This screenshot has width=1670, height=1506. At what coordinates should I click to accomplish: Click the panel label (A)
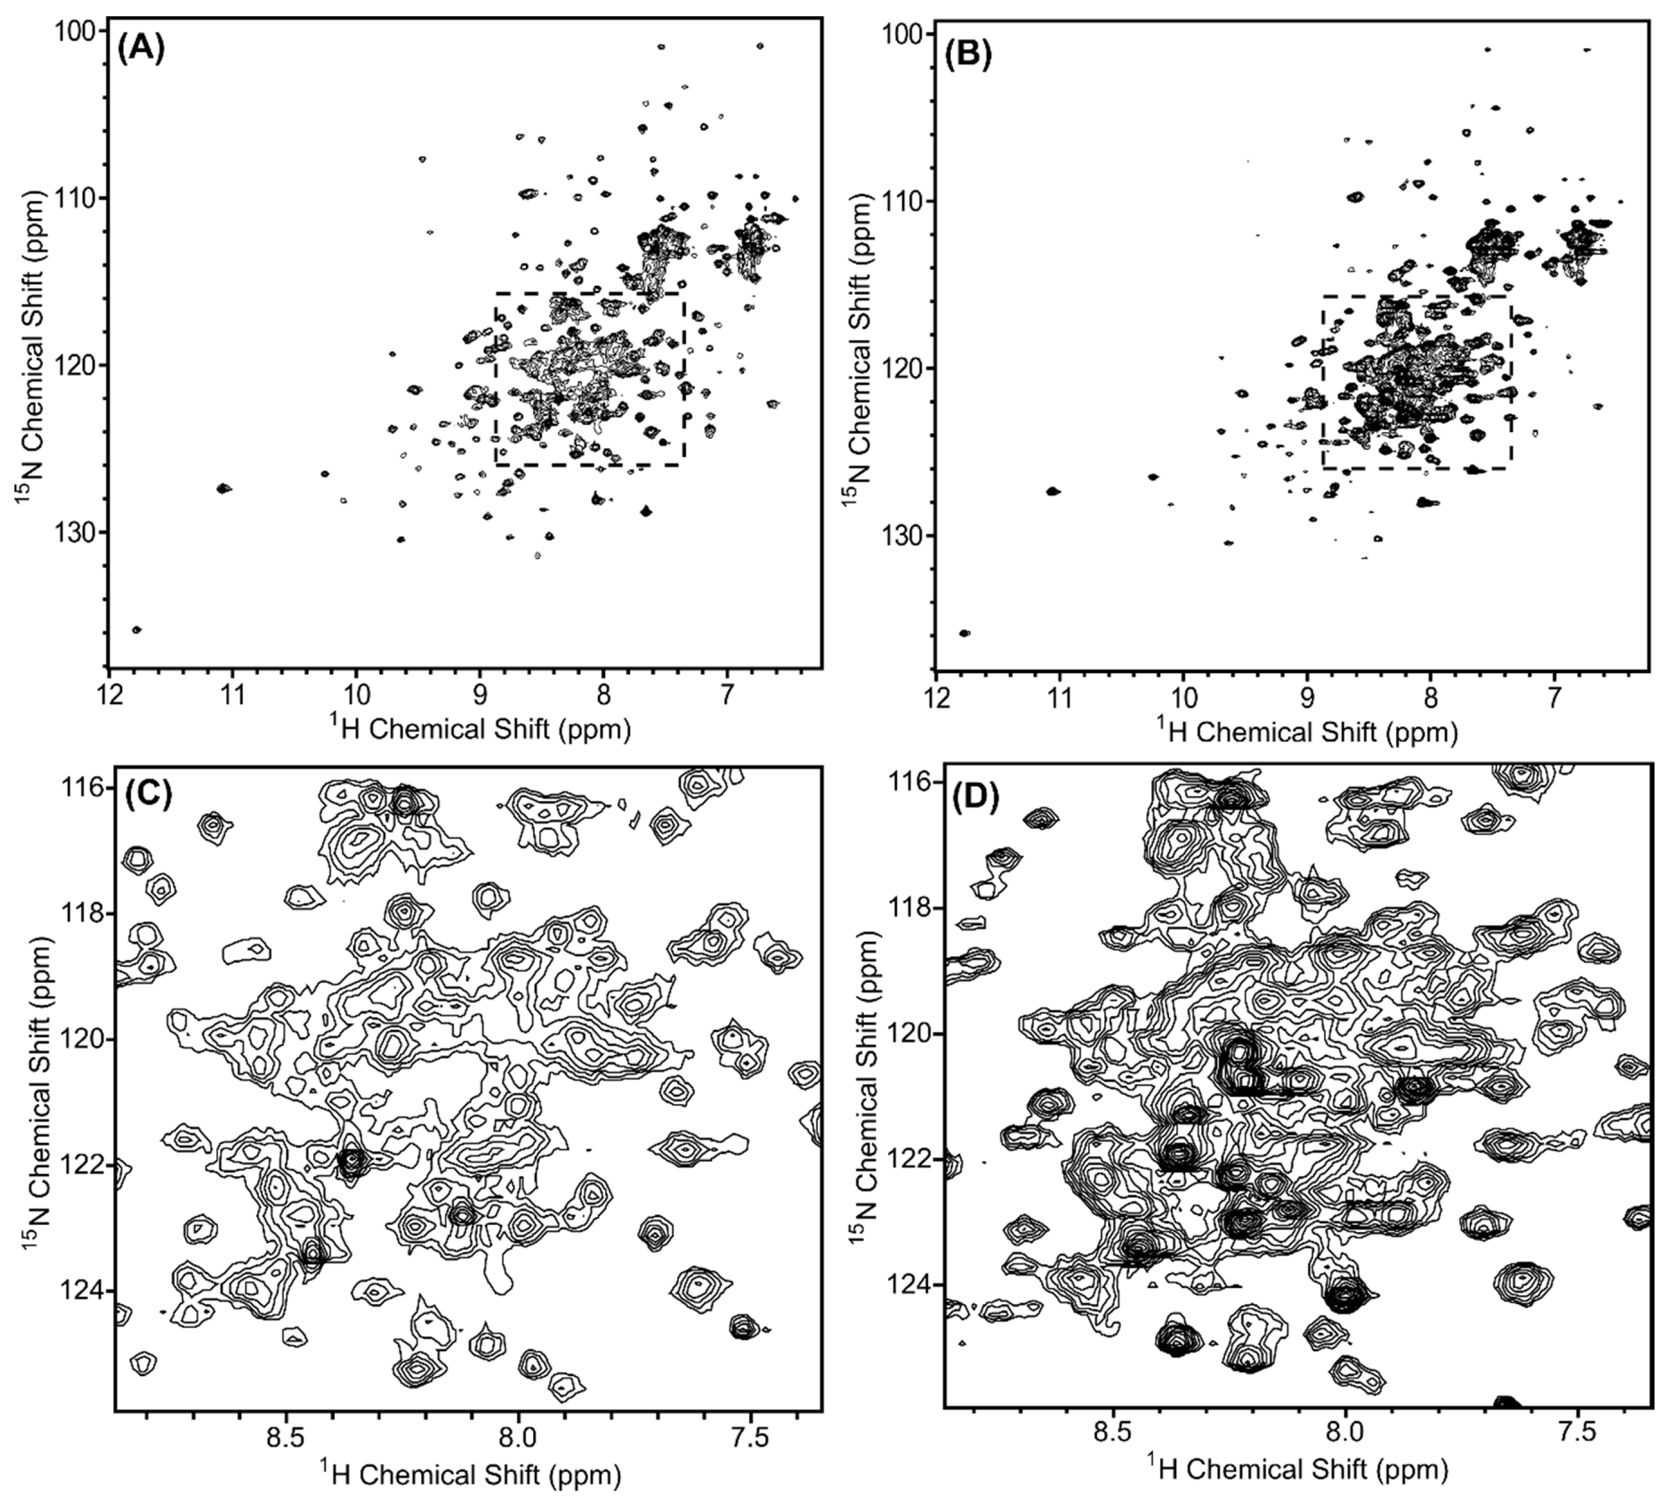pos(141,51)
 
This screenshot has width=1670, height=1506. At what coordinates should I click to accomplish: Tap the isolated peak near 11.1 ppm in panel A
pos(223,488)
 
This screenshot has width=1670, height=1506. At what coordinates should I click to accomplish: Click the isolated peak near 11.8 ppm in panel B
pos(964,633)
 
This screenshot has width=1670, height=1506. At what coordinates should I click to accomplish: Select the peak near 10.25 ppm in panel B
pos(1153,477)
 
